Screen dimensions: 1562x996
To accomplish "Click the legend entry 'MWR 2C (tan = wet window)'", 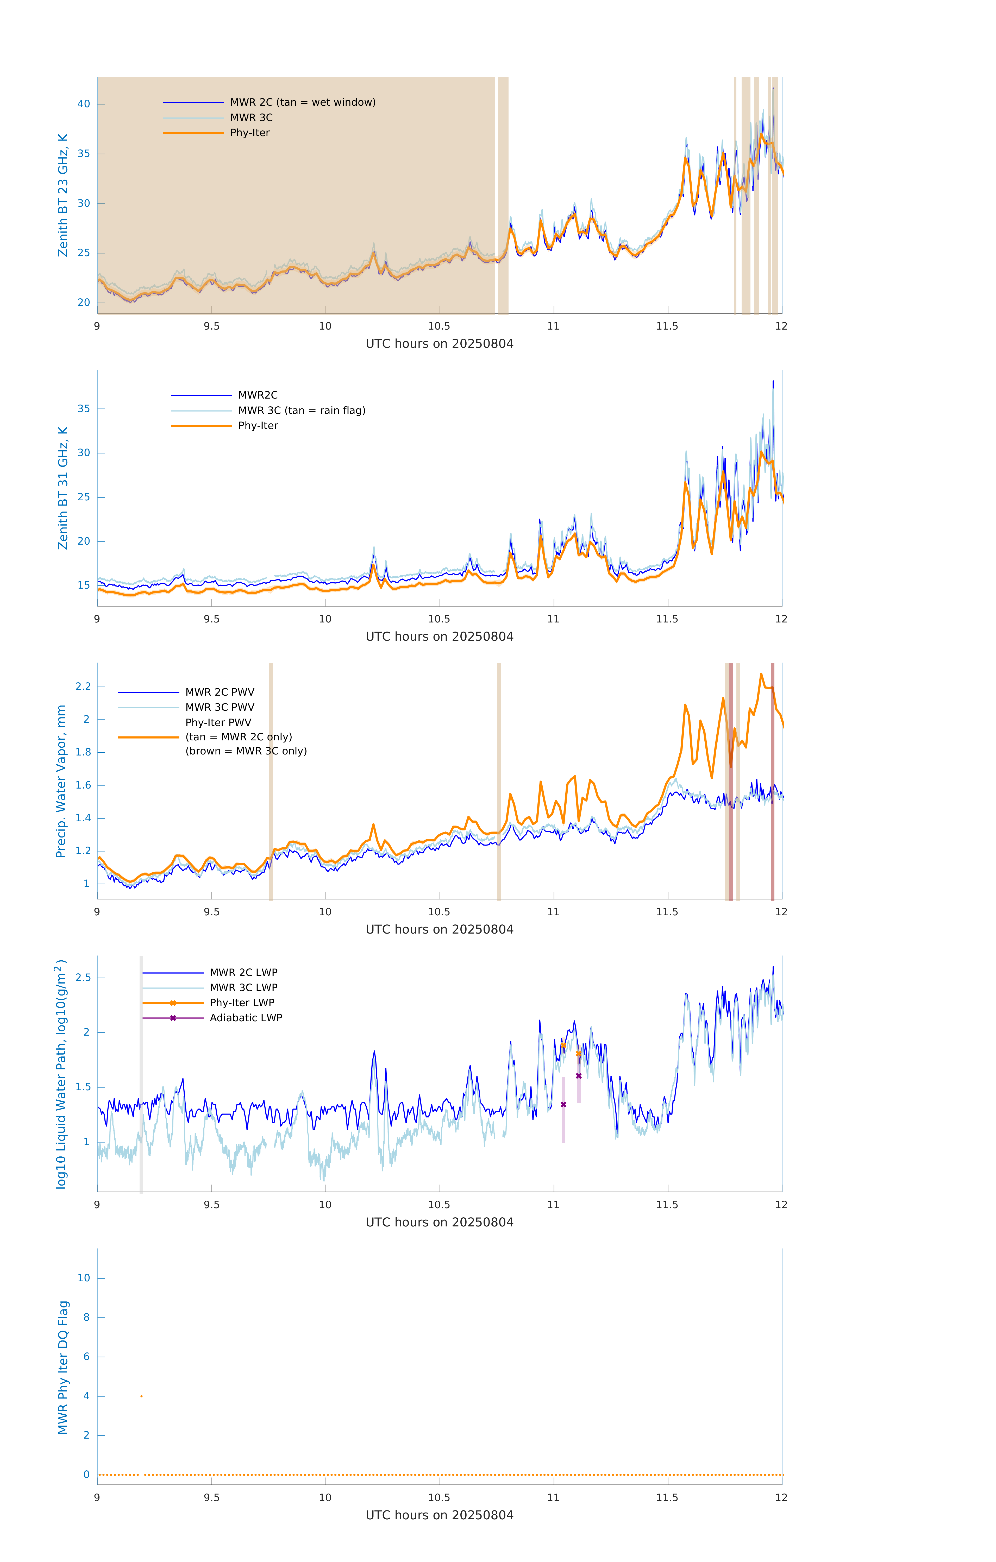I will click(x=302, y=103).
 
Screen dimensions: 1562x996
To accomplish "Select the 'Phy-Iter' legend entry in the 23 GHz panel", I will click(x=250, y=133).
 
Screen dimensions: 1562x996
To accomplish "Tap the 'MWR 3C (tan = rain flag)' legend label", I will click(x=302, y=411).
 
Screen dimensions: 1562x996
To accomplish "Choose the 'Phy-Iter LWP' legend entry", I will click(x=242, y=1003).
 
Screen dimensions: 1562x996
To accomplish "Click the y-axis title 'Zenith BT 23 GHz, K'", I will click(x=63, y=195).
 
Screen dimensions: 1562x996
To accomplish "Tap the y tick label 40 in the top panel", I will click(x=84, y=104).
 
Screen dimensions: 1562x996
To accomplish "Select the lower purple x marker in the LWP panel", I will click(x=563, y=1105).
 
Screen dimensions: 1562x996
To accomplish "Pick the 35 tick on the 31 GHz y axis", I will click(x=84, y=409).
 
